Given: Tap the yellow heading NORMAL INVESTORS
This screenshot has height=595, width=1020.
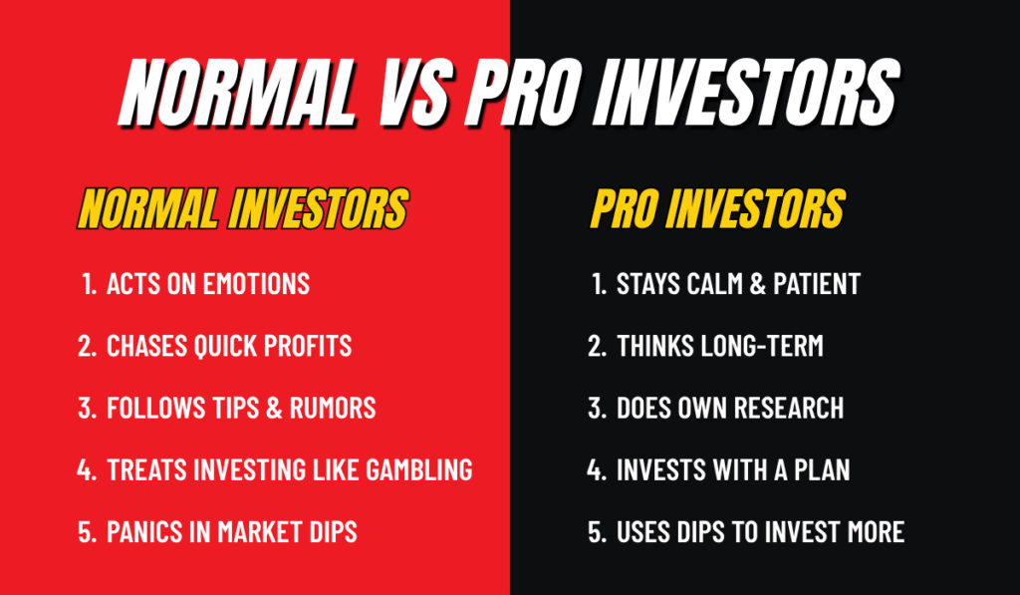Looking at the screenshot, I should pyautogui.click(x=242, y=210).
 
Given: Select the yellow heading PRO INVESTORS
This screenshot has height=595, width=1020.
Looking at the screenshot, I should pyautogui.click(x=717, y=210).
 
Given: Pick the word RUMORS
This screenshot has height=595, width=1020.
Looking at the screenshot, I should pyautogui.click(x=332, y=408).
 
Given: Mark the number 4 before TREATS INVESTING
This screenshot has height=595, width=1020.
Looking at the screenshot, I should pyautogui.click(x=86, y=469).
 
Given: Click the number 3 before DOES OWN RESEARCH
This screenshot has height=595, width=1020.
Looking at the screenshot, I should pyautogui.click(x=596, y=408).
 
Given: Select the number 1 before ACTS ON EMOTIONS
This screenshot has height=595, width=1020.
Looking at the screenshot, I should pyautogui.click(x=89, y=284).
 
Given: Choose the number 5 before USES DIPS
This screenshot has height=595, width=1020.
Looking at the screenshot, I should pyautogui.click(x=596, y=531).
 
